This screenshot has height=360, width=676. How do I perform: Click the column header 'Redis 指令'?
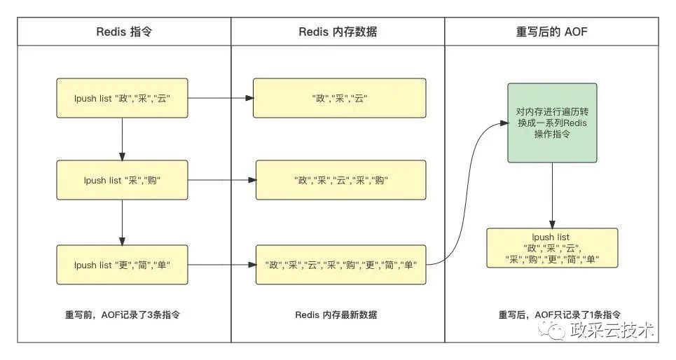[123, 32]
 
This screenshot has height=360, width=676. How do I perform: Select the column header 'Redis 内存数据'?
[338, 32]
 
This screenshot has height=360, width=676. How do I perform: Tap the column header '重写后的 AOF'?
[551, 32]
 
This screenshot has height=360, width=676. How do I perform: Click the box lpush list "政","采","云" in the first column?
[123, 98]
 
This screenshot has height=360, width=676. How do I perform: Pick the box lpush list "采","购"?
[123, 180]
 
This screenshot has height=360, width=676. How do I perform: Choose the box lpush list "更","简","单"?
[123, 265]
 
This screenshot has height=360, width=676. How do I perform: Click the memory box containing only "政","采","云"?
[340, 98]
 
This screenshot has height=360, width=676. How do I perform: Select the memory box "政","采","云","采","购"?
[340, 180]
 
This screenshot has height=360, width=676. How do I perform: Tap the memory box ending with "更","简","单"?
[340, 265]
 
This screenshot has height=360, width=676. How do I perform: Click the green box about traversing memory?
[552, 123]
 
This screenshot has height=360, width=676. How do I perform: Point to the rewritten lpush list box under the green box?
[552, 247]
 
